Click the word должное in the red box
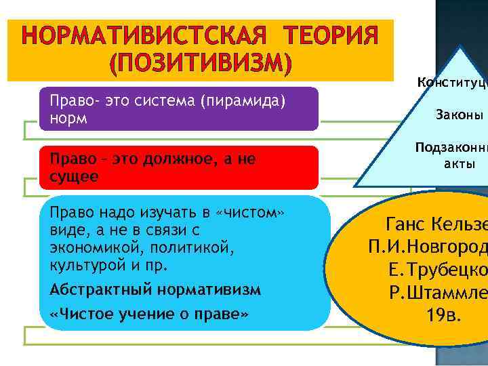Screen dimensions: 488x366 pyautogui.click(x=167, y=160)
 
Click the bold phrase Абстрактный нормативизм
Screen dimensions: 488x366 pyautogui.click(x=155, y=290)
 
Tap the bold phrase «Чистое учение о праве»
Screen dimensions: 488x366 pyautogui.click(x=150, y=314)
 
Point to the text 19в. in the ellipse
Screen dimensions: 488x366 pyautogui.click(x=445, y=315)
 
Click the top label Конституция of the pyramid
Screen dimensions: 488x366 pyautogui.click(x=452, y=81)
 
